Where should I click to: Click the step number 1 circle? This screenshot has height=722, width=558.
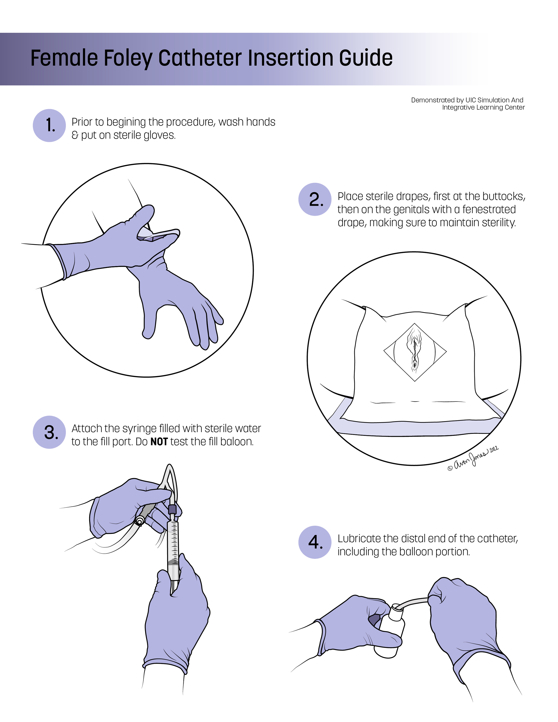pos(49,126)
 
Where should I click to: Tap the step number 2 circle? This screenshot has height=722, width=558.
pos(315,199)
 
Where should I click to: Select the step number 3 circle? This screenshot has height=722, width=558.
pos(49,432)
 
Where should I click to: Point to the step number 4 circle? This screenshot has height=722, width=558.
pos(315,542)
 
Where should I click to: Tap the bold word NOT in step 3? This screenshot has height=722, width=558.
pos(159,442)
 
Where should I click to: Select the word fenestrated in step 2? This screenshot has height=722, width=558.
pos(489,209)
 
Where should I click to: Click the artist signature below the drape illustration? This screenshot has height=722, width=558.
pos(473,458)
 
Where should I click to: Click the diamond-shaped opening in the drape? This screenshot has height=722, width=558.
pos(415,352)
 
